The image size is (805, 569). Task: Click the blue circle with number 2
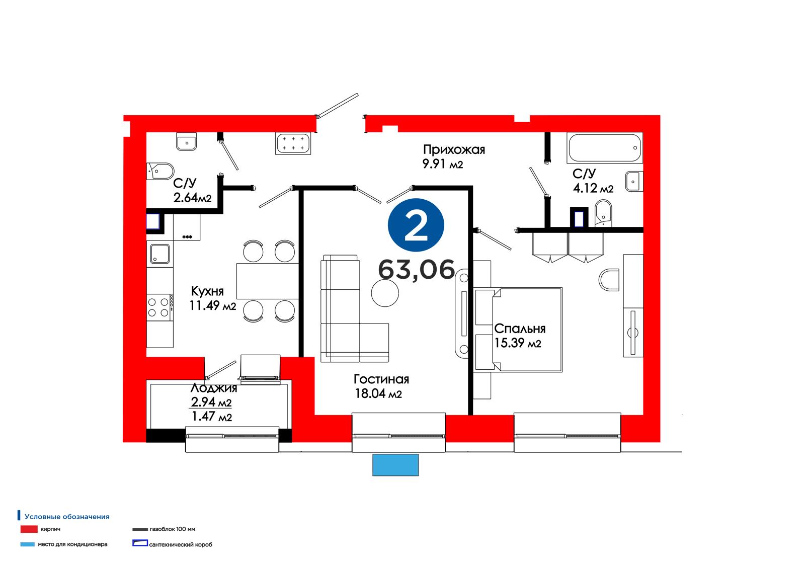(416, 225)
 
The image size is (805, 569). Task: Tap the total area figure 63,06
(417, 270)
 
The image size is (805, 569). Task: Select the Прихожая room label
(454, 149)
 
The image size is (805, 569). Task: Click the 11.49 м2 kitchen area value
(213, 305)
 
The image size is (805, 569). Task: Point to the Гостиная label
(381, 379)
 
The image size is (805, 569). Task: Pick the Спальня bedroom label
(520, 328)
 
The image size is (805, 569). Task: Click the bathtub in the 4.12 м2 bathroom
(604, 148)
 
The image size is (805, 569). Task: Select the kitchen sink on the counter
(159, 254)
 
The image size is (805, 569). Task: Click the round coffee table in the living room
(385, 293)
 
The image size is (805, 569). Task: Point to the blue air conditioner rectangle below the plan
(395, 465)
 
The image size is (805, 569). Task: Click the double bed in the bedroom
(518, 330)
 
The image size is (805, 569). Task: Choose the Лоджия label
(213, 388)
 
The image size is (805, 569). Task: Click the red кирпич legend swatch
(29, 529)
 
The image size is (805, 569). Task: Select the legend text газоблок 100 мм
(172, 529)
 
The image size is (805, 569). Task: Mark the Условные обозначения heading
(67, 517)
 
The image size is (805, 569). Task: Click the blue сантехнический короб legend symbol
(140, 543)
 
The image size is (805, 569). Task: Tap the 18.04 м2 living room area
(378, 393)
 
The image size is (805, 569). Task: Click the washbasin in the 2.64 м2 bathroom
(186, 141)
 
